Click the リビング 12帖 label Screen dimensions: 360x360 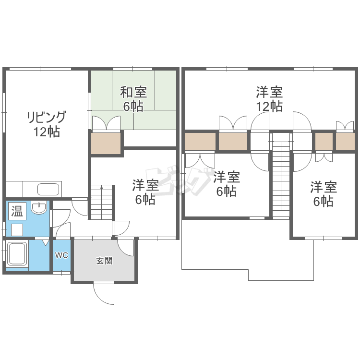(46, 124)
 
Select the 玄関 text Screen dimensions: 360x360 (104, 261)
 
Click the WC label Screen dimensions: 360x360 (61, 255)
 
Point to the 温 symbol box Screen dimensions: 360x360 (17, 210)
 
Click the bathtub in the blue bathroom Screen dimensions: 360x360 (17, 255)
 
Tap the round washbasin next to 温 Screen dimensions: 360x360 (38, 208)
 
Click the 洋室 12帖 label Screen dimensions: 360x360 (269, 99)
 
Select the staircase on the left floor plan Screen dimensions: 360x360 (101, 202)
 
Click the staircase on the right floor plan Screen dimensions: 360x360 (281, 176)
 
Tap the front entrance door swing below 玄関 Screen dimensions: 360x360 (104, 293)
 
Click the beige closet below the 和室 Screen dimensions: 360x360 (106, 143)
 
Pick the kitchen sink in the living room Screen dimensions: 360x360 (48, 189)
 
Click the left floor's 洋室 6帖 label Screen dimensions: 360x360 (144, 192)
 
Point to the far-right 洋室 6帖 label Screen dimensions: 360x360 (323, 194)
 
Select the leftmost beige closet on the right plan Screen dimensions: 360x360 (200, 142)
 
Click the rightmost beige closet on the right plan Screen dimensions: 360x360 (345, 142)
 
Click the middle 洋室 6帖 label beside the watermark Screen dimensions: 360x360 (226, 184)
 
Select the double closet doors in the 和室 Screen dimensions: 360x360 (106, 123)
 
